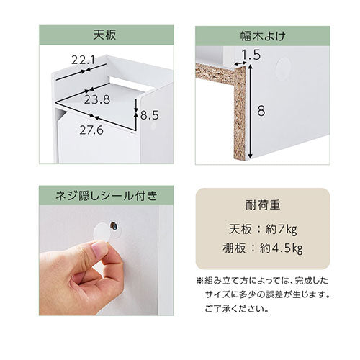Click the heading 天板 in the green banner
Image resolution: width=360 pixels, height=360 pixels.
[x=104, y=35]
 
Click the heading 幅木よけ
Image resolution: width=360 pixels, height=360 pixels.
[x=263, y=36]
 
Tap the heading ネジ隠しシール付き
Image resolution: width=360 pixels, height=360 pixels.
[x=107, y=196]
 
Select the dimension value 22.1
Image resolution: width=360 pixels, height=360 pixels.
[x=84, y=60]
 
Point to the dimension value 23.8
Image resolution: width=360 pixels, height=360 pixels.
[x=97, y=99]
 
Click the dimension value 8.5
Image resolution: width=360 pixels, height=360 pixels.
[x=150, y=115]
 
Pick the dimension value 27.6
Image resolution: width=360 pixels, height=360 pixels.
[x=91, y=130]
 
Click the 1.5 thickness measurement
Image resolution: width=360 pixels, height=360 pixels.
[x=251, y=55]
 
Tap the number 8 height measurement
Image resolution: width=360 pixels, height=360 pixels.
[x=261, y=111]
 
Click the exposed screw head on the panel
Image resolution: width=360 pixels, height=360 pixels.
[x=113, y=225]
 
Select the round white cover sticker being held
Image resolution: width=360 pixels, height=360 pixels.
[x=102, y=233]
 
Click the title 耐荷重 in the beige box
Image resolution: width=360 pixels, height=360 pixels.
[x=263, y=205]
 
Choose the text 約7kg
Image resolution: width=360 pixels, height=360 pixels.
[x=282, y=230]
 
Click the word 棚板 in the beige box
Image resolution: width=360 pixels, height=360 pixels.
[x=234, y=248]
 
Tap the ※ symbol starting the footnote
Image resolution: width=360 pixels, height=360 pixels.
[x=200, y=281]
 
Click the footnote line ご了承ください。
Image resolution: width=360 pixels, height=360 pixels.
[x=237, y=309]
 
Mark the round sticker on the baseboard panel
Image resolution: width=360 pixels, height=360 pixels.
[x=284, y=66]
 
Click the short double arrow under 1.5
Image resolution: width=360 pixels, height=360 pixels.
[x=240, y=63]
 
